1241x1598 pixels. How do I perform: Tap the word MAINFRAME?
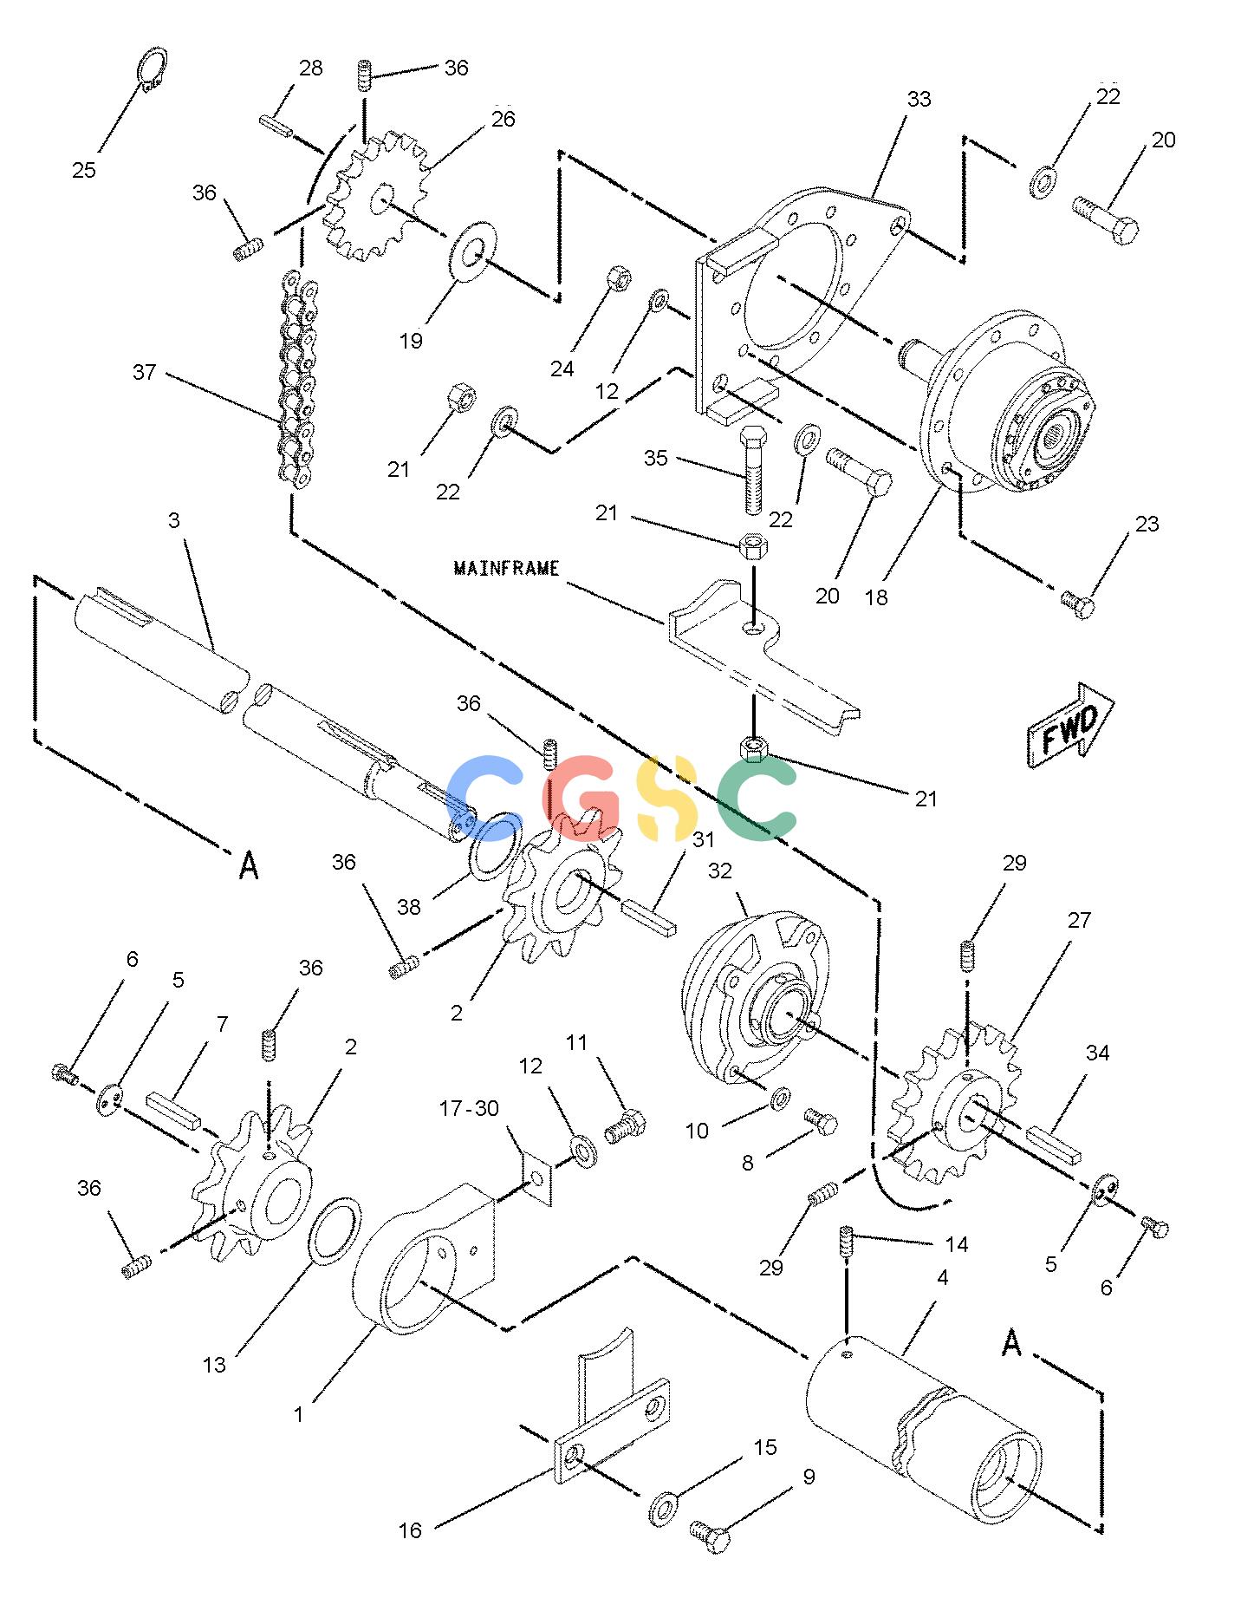coord(507,568)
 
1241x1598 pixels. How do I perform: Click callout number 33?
coord(919,100)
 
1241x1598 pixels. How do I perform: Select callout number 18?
coord(876,597)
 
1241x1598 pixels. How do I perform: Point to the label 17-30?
coord(469,1108)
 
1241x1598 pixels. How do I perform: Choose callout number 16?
coord(410,1530)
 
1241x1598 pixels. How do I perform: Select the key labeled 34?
coord(1054,1144)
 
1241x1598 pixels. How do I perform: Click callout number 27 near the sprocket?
coord(1079,920)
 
